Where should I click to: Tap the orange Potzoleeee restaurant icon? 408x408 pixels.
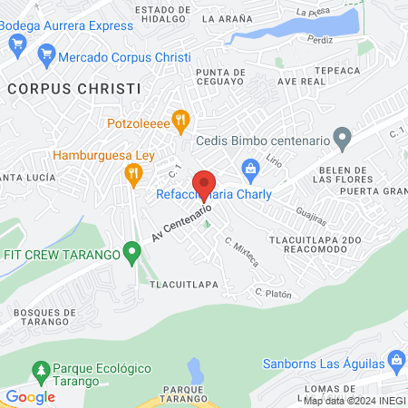click(x=180, y=119)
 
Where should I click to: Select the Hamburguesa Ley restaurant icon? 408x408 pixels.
click(x=134, y=173)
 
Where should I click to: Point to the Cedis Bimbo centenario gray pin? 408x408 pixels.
click(x=342, y=140)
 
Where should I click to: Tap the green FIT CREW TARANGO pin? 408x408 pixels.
click(x=133, y=252)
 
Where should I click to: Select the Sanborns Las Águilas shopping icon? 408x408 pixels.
click(x=397, y=360)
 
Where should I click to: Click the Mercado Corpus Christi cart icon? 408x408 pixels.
click(x=45, y=57)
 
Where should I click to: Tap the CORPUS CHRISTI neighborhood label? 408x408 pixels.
click(x=74, y=89)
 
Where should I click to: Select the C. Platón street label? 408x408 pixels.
click(x=271, y=293)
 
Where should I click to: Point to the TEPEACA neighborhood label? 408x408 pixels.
click(x=337, y=69)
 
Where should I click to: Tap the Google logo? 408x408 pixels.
click(x=30, y=396)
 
